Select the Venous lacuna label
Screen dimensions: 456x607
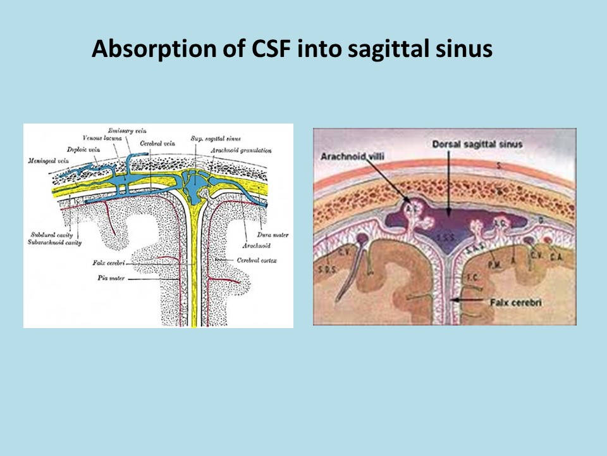(x=102, y=138)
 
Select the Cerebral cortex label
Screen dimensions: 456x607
(x=256, y=260)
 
